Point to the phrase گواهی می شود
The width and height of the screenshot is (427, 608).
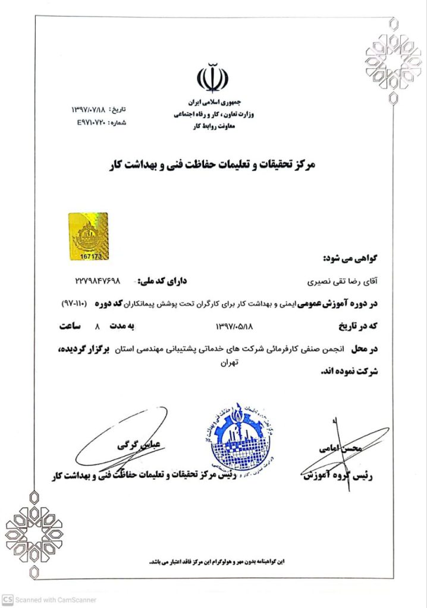tap(350, 258)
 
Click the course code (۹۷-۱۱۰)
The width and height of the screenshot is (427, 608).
tap(76, 303)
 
